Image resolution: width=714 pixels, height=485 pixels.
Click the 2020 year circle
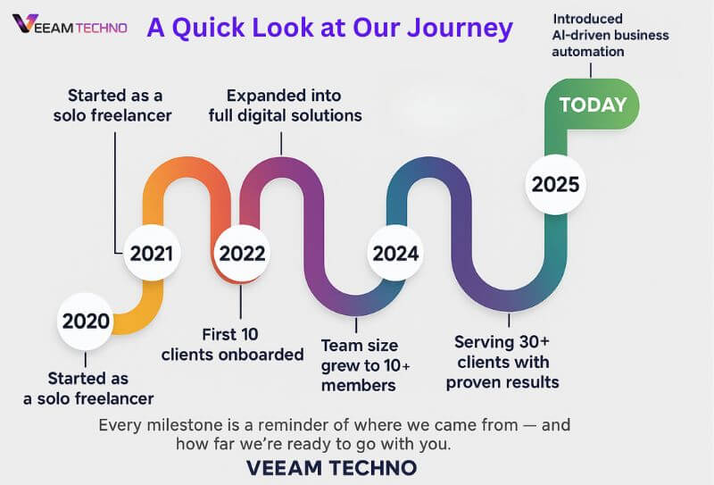[86, 321]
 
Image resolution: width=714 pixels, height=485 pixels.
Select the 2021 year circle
[151, 253]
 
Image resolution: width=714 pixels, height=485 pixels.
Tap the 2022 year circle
[242, 253]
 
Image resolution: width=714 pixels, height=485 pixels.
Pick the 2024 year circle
[395, 253]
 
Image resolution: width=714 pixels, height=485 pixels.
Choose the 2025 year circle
[555, 185]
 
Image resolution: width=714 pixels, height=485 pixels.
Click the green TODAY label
[593, 105]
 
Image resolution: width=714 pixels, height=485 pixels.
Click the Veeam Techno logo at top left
[70, 26]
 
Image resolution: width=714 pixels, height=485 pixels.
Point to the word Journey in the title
[460, 28]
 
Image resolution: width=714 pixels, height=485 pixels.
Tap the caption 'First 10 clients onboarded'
[232, 345]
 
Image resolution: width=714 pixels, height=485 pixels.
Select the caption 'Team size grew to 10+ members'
[359, 364]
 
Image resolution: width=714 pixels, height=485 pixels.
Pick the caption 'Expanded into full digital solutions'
[285, 105]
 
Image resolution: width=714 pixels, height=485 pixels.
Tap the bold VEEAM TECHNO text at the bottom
[330, 468]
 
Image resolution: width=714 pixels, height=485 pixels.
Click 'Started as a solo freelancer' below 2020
[88, 389]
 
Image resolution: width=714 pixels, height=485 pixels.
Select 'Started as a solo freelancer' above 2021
[119, 105]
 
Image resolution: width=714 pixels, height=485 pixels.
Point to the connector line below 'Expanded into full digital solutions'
[281, 141]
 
